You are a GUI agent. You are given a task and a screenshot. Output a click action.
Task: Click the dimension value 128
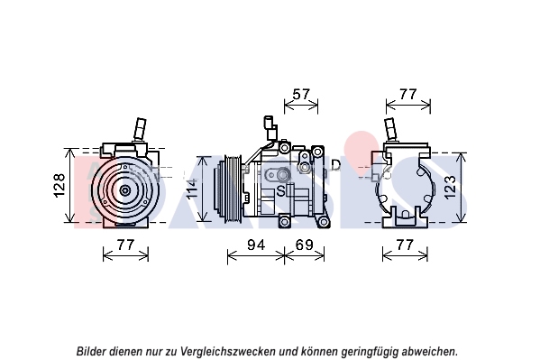point(59,185)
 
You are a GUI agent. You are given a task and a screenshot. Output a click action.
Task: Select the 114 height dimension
point(192,189)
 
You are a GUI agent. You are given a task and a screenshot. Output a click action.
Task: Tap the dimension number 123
point(450,188)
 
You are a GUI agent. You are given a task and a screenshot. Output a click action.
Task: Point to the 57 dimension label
point(301,94)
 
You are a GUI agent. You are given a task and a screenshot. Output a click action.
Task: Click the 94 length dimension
point(256,245)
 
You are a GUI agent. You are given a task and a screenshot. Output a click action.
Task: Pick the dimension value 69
point(305,245)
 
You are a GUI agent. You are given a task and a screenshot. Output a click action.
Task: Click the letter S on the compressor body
point(281,190)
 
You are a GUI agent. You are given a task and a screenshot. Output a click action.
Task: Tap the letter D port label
point(335,165)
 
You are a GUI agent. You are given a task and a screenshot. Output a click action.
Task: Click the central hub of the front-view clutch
point(124,190)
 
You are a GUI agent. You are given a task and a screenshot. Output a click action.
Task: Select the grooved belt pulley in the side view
point(232,189)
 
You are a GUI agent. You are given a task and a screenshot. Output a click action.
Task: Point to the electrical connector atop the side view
point(270,128)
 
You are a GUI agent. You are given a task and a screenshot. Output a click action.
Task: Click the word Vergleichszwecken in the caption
point(228,351)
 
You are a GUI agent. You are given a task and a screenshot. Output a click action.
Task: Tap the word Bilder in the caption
point(90,351)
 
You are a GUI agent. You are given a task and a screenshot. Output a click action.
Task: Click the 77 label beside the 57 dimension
point(408,94)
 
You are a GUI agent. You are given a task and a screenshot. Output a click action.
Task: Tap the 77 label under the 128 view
point(125,245)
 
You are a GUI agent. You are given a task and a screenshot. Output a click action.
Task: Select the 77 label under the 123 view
point(405,245)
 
